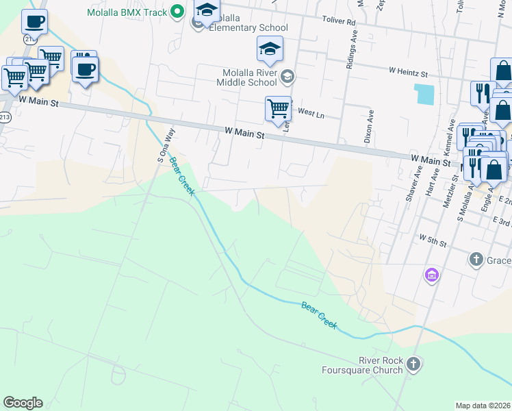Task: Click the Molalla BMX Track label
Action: coord(127,12)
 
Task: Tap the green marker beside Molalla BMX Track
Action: coord(177,11)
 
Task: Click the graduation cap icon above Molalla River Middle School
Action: coord(270,49)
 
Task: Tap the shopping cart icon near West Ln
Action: coord(277,108)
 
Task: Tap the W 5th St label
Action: coord(433,243)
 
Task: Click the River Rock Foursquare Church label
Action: coord(362,365)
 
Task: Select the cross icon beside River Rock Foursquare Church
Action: coord(413,364)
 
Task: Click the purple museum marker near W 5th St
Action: coord(431,275)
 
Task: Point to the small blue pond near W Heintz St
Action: coord(424,94)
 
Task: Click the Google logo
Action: coord(23,403)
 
